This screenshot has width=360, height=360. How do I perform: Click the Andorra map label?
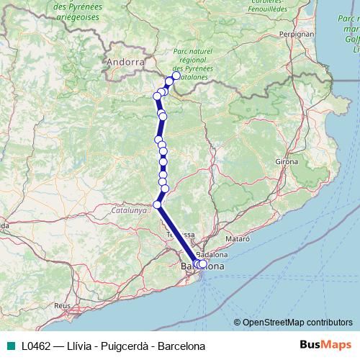coord(125,62)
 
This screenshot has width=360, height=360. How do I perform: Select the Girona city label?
coord(286,162)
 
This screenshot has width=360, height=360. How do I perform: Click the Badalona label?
coord(212,254)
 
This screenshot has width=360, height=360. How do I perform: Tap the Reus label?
coord(62,305)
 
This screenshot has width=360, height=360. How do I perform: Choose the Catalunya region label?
coord(129,211)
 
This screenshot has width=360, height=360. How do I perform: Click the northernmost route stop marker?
coord(176,76)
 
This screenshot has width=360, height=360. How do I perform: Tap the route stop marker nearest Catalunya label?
coord(158,204)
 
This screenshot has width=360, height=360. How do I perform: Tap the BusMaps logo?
coord(327,345)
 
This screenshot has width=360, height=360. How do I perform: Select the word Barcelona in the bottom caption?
coord(181,346)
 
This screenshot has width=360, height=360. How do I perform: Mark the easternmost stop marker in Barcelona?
coord(202,264)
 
